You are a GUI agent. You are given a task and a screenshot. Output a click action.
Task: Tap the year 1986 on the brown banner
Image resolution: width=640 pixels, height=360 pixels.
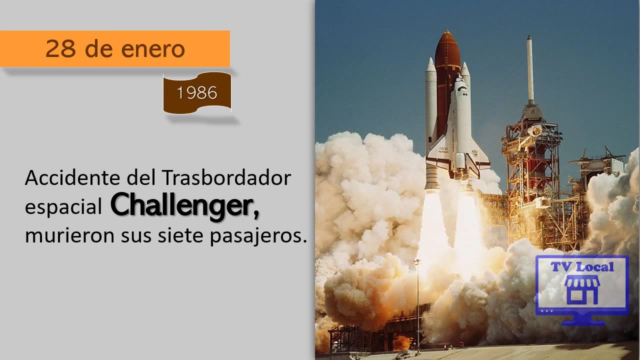tap(197, 93)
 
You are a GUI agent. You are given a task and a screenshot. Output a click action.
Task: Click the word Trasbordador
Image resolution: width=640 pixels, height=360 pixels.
tap(226, 178)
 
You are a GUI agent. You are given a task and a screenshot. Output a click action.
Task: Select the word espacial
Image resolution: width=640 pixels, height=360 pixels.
tap(63, 207)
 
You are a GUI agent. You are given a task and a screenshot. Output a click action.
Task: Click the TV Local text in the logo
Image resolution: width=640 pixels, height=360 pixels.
tap(582, 266)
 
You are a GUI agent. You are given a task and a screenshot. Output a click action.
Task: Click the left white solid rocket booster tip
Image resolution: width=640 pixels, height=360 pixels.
tap(430, 65)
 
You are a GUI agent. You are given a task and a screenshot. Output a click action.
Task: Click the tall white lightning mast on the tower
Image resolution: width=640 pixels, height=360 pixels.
tap(529, 70)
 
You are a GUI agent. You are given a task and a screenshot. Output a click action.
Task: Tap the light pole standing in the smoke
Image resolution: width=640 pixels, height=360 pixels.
tap(418, 300)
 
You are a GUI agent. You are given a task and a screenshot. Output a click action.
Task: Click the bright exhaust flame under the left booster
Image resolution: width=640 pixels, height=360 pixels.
tap(432, 225)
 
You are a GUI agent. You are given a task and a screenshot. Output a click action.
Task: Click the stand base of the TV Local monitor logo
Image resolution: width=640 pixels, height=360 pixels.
tap(582, 321)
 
